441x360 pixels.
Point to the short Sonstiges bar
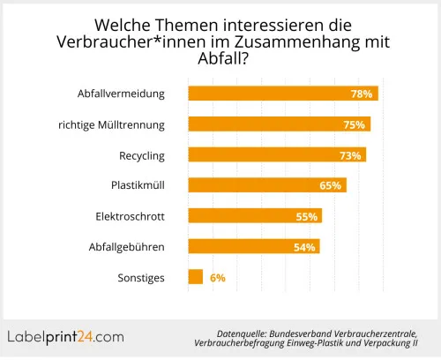[x=196, y=277]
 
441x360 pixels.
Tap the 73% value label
[x=349, y=156]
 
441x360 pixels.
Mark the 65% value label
[x=330, y=186]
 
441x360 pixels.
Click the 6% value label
[x=218, y=278]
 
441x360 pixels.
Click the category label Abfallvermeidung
[x=121, y=94]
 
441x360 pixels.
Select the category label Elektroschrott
[x=130, y=216]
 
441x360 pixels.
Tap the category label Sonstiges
[x=141, y=278]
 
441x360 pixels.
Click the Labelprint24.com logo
[x=66, y=336]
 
